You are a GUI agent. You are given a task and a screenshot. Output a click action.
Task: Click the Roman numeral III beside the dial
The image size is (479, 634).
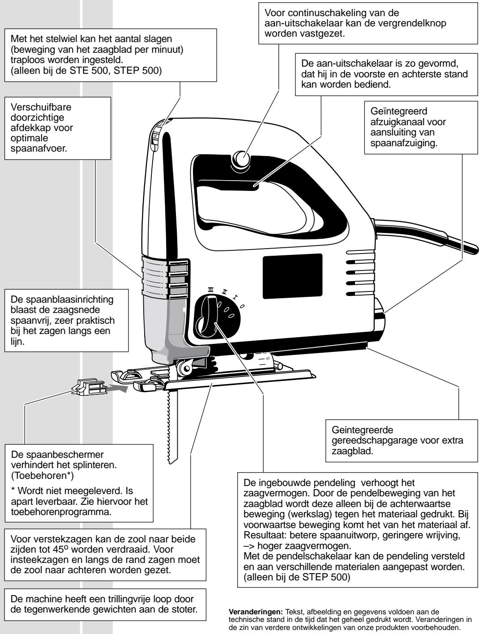pyautogui.click(x=210, y=290)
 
